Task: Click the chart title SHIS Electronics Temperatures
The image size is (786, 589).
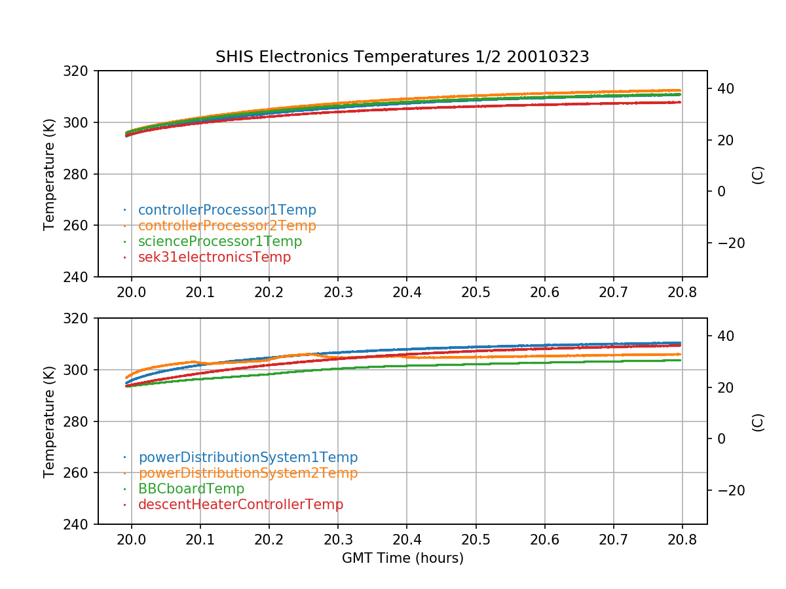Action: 402,57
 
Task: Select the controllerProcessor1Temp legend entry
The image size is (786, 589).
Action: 227,210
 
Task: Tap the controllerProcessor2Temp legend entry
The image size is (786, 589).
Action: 227,226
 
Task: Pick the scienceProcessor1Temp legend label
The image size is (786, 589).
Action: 219,241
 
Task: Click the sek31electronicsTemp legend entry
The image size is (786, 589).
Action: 214,257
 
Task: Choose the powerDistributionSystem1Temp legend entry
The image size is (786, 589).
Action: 248,457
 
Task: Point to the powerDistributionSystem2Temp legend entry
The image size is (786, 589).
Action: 248,473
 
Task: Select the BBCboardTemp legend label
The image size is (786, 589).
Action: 191,489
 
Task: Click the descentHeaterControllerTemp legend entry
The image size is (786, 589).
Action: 240,505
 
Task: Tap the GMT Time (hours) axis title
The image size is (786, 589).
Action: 402,558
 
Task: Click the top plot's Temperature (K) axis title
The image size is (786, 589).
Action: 49,174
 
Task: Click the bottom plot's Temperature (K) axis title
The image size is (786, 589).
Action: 49,421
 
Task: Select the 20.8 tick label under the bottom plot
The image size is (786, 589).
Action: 681,538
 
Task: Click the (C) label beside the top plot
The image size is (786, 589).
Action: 758,174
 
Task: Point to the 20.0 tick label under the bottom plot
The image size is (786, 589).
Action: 132,538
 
